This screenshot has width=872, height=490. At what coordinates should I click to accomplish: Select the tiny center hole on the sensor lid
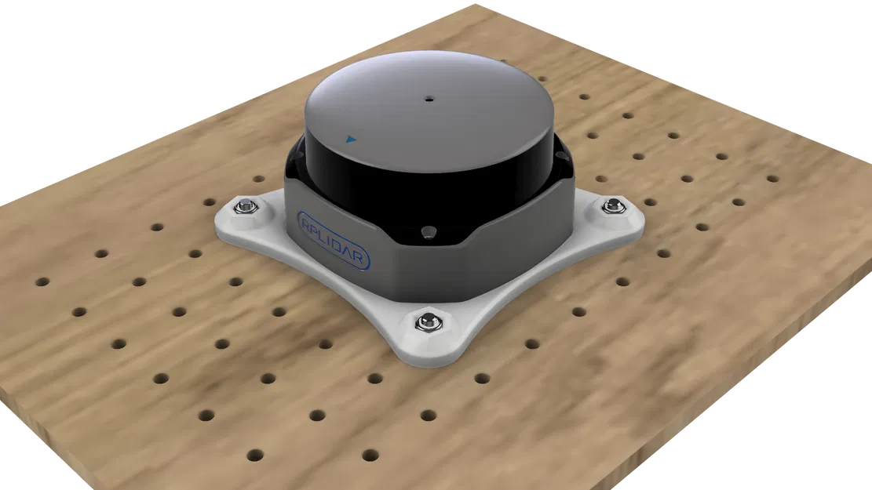point(429,100)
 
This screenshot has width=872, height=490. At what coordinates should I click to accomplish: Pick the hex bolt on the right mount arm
point(611,205)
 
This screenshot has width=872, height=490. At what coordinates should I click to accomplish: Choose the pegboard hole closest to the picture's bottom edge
point(255,454)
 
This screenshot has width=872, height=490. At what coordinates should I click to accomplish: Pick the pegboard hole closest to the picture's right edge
point(772,178)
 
